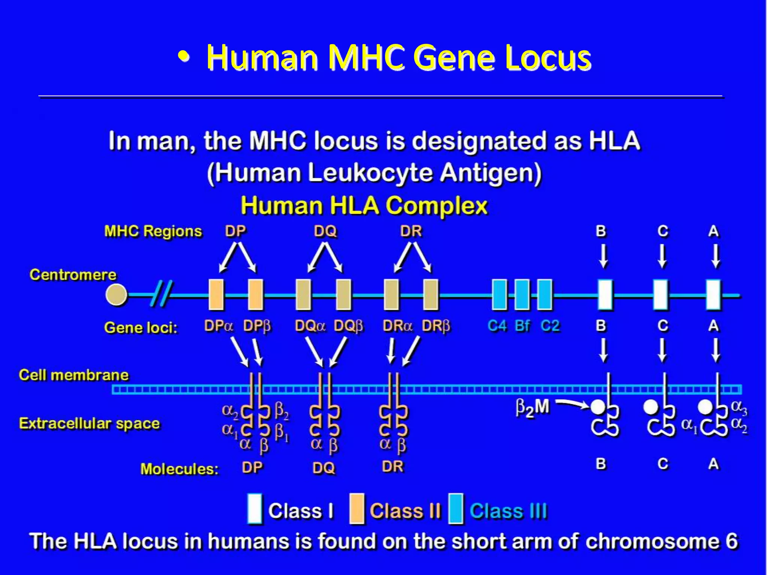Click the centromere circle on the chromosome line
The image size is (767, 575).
[x=116, y=295]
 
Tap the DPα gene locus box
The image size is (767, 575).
[x=216, y=295]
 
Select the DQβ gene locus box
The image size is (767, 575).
[x=343, y=295]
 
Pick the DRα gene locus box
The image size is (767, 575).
[x=391, y=295]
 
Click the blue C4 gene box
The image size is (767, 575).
[x=499, y=295]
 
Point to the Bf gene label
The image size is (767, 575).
[x=522, y=326]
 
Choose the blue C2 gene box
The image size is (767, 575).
[x=545, y=295]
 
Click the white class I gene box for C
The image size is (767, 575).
[x=661, y=295]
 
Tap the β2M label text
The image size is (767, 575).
[x=532, y=408]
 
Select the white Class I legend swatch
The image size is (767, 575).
[x=255, y=509]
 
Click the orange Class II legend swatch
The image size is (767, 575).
[x=357, y=509]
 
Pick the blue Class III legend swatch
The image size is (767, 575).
[x=456, y=509]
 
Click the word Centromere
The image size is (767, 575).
[x=73, y=275]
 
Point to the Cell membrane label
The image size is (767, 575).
[x=74, y=375]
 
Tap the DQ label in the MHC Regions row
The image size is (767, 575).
[x=325, y=231]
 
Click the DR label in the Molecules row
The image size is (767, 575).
[x=392, y=467]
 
